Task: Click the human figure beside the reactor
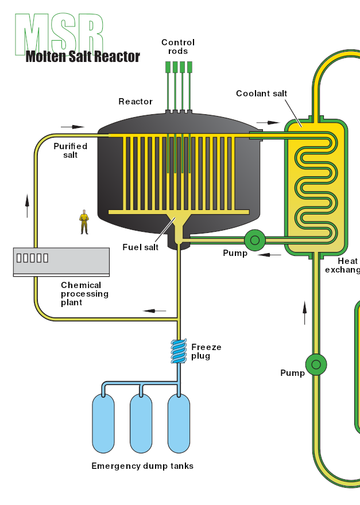coord(84,222)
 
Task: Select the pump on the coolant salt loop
coord(315,364)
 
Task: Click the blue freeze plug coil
coord(179,351)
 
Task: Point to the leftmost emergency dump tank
coord(103,424)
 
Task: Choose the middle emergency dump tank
coord(141,424)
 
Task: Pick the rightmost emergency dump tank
coord(179,424)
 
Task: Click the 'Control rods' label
coord(178,46)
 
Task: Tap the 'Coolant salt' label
coord(261,94)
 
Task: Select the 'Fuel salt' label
coord(140,247)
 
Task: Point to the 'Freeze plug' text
coord(206,351)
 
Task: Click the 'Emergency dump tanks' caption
coord(142,466)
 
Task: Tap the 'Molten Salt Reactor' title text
coord(83,56)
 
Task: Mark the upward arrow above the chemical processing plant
coord(27,205)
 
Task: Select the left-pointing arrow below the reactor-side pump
coord(269,254)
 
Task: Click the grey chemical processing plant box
coord(61,261)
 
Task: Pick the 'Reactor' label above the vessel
coord(136,102)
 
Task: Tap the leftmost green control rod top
coord(168,67)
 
